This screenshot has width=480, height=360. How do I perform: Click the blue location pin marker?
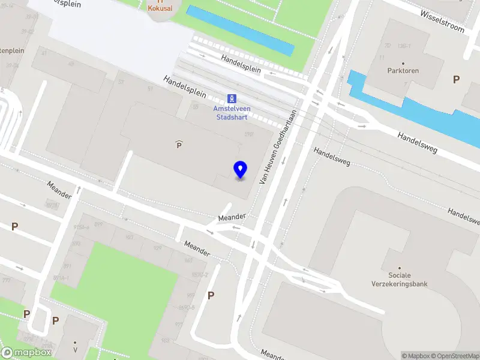(241, 170)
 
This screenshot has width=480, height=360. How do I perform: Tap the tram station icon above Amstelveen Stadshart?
(232, 98)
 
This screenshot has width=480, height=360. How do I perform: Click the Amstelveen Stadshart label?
(232, 112)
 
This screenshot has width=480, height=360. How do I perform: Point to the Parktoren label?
(403, 71)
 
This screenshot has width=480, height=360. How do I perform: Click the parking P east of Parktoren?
(456, 79)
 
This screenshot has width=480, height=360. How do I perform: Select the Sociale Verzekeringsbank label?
(400, 280)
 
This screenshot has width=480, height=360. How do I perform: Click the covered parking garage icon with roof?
(179, 144)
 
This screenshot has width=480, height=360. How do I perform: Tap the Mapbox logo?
(26, 353)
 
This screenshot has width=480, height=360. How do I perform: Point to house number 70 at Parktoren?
(388, 46)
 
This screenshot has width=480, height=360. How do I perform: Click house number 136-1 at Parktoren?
(404, 46)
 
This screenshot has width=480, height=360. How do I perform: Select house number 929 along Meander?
(158, 247)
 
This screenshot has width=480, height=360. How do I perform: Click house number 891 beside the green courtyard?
(67, 266)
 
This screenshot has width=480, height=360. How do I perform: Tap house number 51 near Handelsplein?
(150, 89)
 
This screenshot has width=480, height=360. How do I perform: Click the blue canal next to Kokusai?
(240, 31)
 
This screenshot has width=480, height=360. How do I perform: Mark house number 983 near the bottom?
(165, 340)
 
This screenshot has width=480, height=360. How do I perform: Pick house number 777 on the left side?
(6, 280)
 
